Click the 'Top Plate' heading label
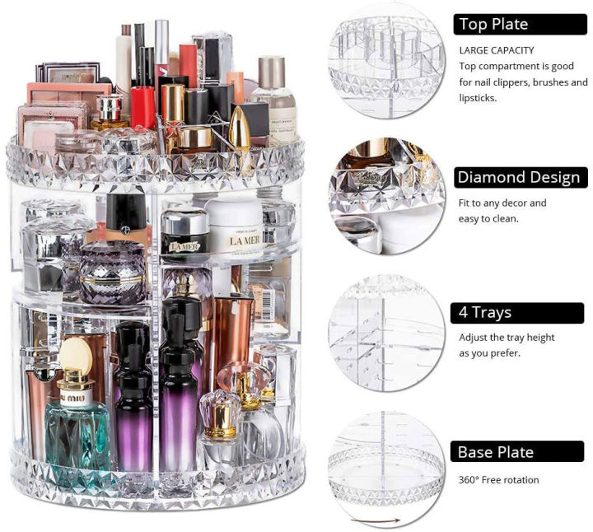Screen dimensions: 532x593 point(493,24)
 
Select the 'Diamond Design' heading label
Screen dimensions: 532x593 point(519,177)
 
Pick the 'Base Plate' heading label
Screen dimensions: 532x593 point(496,452)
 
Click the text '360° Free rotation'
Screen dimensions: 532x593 point(499,480)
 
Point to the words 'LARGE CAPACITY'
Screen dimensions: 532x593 point(496,50)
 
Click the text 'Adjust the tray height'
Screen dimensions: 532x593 point(507,338)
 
